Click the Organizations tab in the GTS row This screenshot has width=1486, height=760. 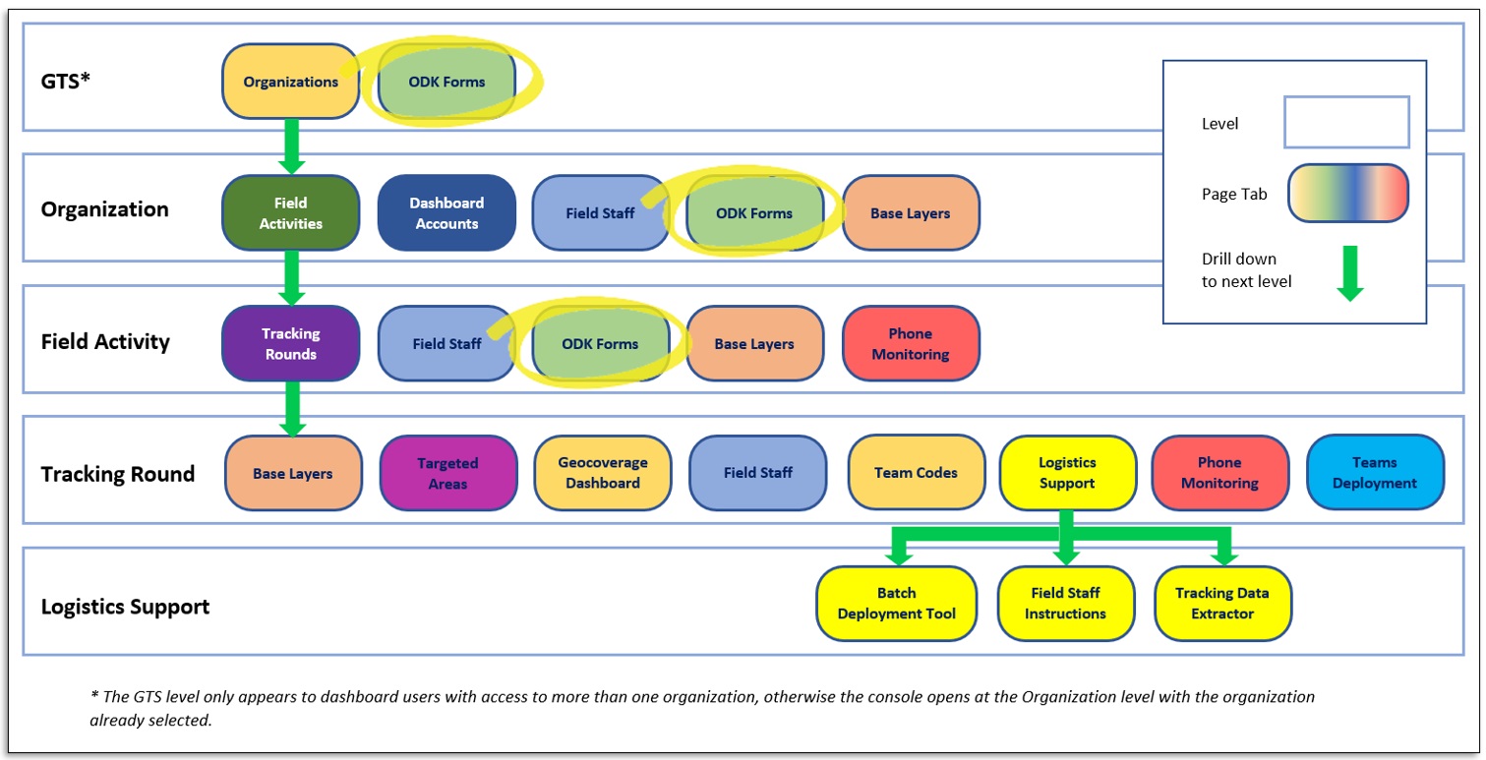pos(290,82)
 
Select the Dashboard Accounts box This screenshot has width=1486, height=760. pos(446,212)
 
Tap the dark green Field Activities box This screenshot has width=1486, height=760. pos(290,212)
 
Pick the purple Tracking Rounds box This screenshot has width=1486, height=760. pos(290,343)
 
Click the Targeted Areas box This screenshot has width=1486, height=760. pos(447,473)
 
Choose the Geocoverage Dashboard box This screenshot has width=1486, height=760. pos(603,473)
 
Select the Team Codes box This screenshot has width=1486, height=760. pos(916,473)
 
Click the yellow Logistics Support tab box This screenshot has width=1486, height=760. pos(1067,473)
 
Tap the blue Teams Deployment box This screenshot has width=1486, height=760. pos(1375,473)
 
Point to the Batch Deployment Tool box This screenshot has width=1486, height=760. pos(896,603)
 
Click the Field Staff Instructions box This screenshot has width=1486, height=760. pos(1065,603)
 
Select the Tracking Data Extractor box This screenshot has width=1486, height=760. pos(1222,603)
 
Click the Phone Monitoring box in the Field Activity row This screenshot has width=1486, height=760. pos(910,343)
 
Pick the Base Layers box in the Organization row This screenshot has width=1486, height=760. pos(911,212)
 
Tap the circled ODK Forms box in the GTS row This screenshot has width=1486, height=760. pos(446,82)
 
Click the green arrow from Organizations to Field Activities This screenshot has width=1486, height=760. pos(290,146)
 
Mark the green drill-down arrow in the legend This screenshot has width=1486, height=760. pos(1349,273)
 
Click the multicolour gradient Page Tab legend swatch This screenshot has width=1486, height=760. pos(1347,194)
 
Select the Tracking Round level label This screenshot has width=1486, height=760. pos(118,474)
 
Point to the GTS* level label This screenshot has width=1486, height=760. pos(65,80)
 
